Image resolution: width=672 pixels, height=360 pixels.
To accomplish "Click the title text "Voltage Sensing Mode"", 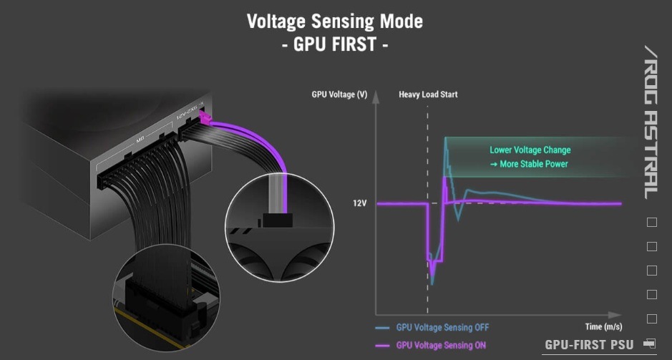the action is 335,21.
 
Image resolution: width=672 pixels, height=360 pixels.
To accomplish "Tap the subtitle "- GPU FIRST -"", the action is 335,44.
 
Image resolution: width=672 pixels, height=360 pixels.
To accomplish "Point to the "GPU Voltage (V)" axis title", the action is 339,94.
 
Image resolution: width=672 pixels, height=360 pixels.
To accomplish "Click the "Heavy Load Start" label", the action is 428,94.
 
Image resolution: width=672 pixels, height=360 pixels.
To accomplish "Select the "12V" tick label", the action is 359,203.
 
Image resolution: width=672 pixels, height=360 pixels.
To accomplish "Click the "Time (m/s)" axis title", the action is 603,326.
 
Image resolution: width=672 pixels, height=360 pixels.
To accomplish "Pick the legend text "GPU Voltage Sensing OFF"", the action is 442,328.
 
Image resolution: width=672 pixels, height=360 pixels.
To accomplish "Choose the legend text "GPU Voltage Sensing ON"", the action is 441,345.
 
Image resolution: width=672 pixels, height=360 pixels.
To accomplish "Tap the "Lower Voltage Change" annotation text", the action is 530,150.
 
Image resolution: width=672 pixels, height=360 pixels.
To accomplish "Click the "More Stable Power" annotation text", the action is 534,164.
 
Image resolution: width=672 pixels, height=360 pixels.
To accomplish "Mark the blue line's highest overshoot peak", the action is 446,138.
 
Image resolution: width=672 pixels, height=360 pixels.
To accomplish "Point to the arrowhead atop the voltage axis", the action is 376,96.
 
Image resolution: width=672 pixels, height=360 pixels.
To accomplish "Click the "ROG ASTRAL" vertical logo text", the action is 651,122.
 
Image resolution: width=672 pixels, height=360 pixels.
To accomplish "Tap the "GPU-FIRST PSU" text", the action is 589,344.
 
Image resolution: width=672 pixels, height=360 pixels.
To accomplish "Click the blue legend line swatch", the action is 382,329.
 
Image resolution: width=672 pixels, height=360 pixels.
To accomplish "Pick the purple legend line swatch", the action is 382,346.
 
